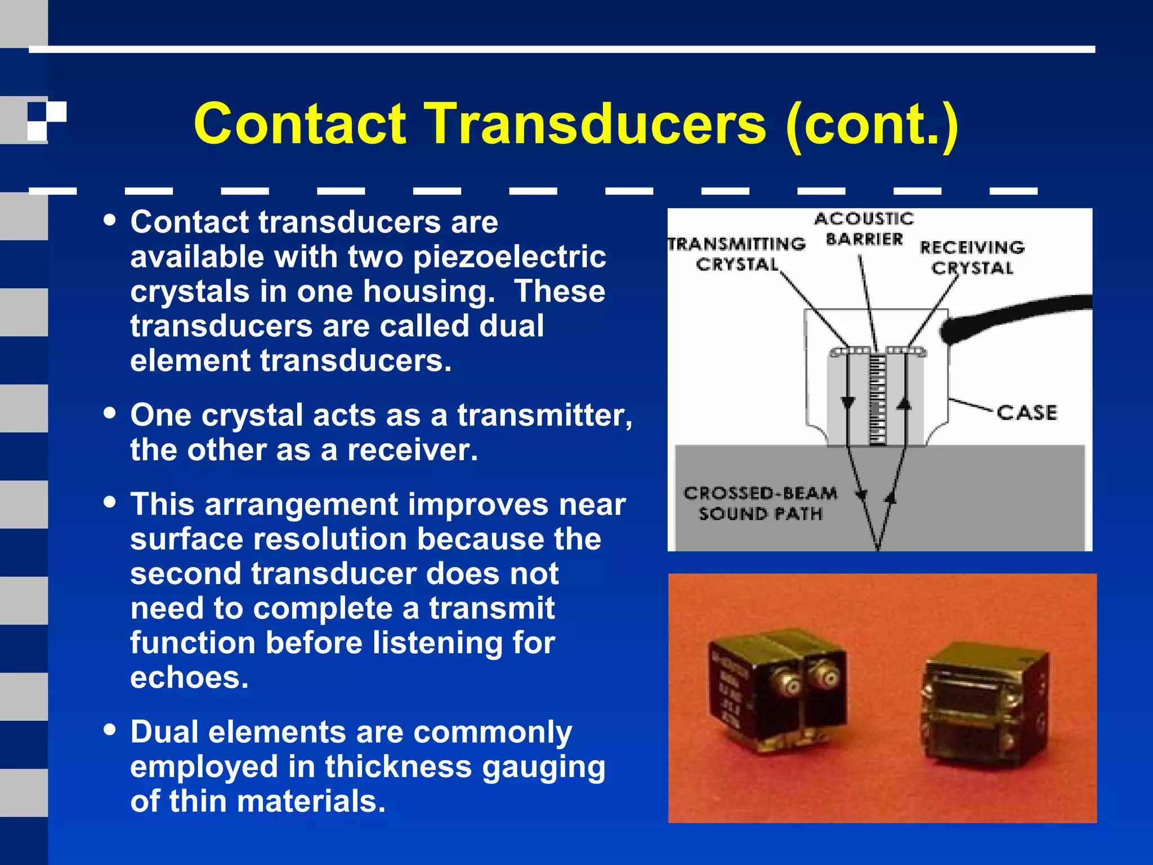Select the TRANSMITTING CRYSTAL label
pos(737,254)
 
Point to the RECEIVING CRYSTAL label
pos(972,257)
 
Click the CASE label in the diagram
pos(1027,413)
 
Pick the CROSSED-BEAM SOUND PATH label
pos(761,503)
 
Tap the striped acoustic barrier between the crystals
pos(877,400)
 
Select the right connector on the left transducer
pos(828,679)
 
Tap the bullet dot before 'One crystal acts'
pos(110,413)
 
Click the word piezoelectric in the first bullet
pos(510,257)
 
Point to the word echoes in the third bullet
pos(189,677)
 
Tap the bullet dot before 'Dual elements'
pos(110,730)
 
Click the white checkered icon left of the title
pos(47,120)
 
